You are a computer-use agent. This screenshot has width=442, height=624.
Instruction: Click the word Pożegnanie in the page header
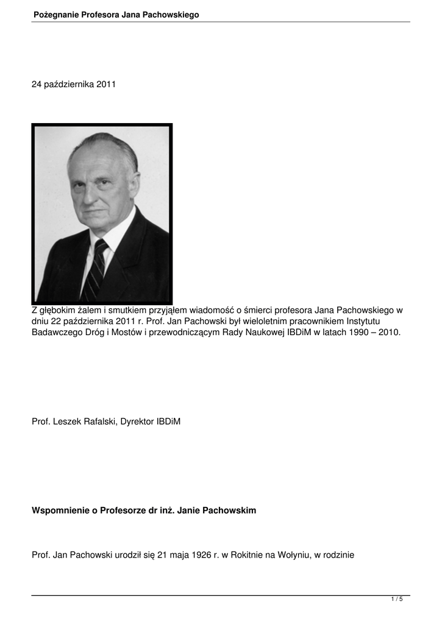(56, 14)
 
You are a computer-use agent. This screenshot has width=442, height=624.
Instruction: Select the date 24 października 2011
(73, 84)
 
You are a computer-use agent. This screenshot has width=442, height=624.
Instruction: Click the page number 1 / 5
(396, 600)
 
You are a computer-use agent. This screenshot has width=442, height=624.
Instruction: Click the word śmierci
(265, 310)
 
